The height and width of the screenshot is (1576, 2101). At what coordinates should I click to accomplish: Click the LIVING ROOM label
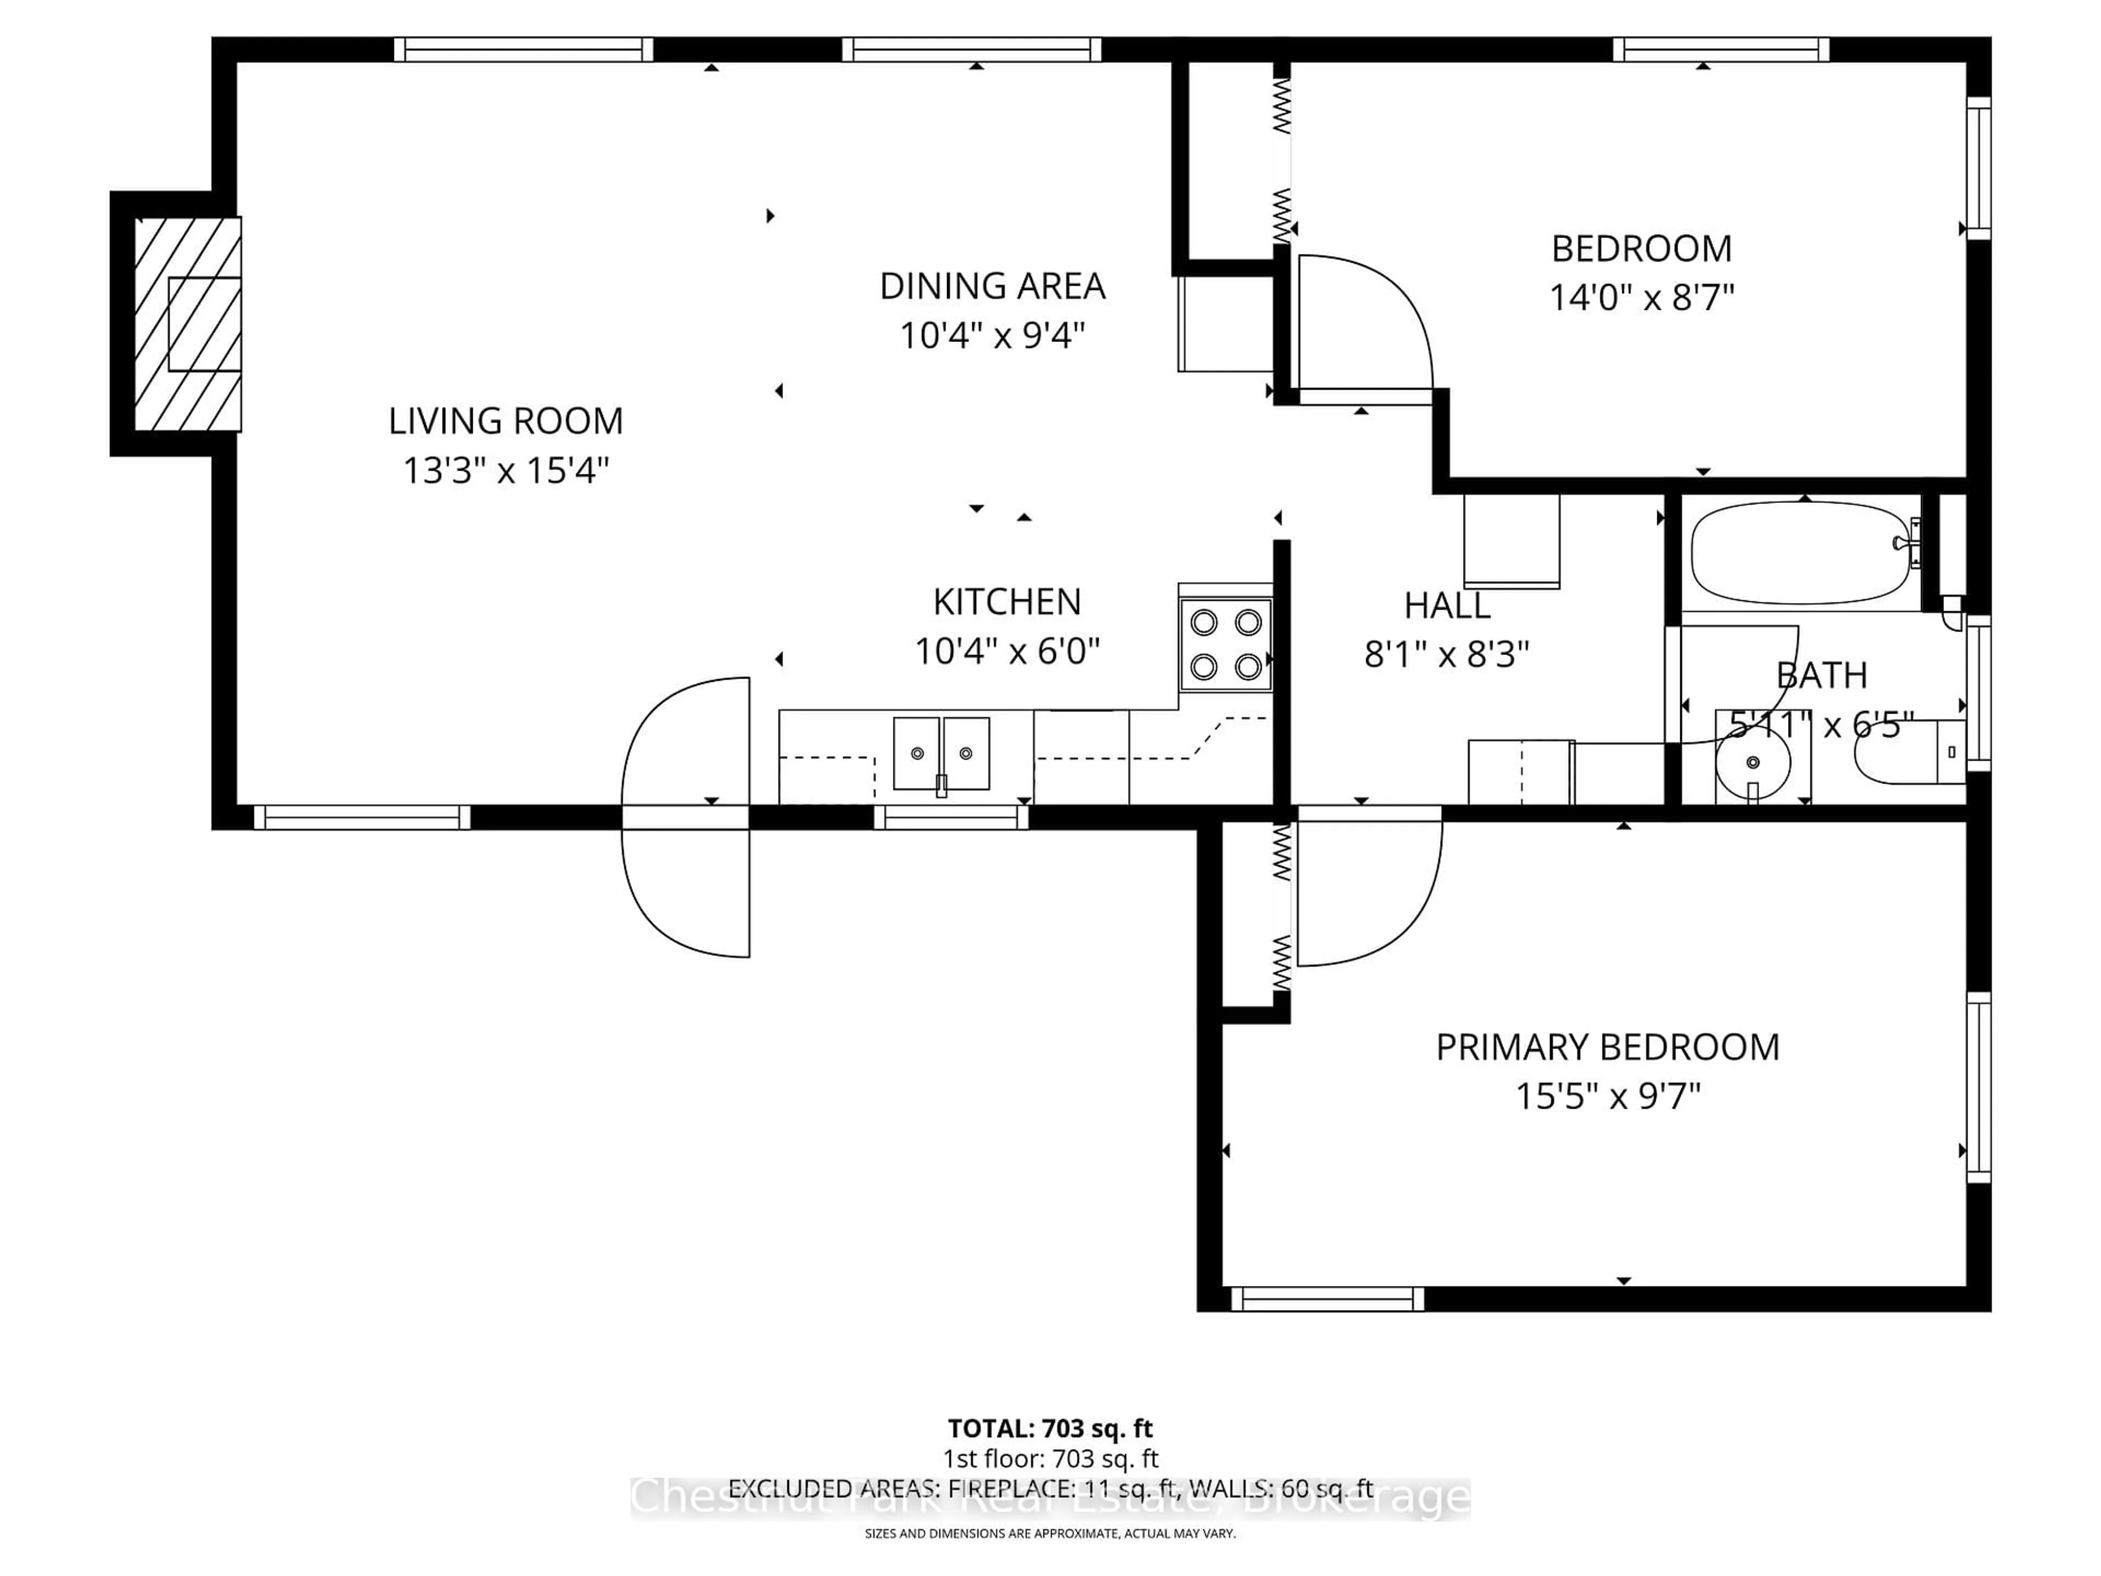pyautogui.click(x=506, y=421)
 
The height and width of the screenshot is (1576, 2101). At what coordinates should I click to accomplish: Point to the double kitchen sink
pyautogui.click(x=941, y=754)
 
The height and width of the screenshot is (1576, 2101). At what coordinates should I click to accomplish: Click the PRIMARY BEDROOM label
pyautogui.click(x=1607, y=1047)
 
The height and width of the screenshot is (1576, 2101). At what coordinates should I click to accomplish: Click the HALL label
pyautogui.click(x=1447, y=605)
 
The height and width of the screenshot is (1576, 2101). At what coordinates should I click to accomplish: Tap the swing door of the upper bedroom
pyautogui.click(x=1363, y=323)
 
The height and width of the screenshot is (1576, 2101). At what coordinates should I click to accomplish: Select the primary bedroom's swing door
pyautogui.click(x=1368, y=888)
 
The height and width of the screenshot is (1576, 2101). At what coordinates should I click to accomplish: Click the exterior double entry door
pyautogui.click(x=686, y=817)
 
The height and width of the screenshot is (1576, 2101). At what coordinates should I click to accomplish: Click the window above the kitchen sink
pyautogui.click(x=950, y=817)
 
